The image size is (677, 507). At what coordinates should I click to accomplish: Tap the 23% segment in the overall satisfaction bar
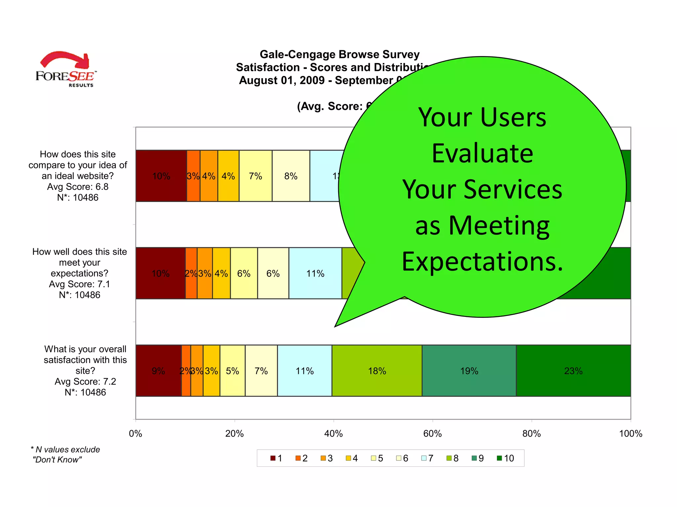573,371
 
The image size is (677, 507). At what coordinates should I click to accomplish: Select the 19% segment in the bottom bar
469,371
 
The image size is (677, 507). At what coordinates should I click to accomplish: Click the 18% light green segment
377,371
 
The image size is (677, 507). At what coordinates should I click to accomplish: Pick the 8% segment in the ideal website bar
291,176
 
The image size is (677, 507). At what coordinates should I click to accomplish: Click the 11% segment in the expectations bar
315,273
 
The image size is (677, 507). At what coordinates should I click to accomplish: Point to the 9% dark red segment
158,371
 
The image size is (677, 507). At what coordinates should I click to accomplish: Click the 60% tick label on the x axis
432,434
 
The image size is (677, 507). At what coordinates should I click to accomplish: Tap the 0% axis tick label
136,434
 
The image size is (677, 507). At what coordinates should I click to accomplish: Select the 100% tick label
630,434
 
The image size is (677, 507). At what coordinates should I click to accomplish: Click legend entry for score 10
506,458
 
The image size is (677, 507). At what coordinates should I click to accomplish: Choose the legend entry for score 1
277,458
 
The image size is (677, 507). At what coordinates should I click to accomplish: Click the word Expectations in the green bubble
482,261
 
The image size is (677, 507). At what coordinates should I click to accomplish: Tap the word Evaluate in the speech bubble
482,153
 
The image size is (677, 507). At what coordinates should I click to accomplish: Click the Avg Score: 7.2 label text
85,382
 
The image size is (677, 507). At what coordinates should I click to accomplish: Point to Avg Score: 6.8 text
78,187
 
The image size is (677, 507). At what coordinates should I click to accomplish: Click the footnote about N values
65,455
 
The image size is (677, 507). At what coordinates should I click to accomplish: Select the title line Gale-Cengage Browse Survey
339,54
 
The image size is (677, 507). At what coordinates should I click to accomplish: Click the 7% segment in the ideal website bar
256,176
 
